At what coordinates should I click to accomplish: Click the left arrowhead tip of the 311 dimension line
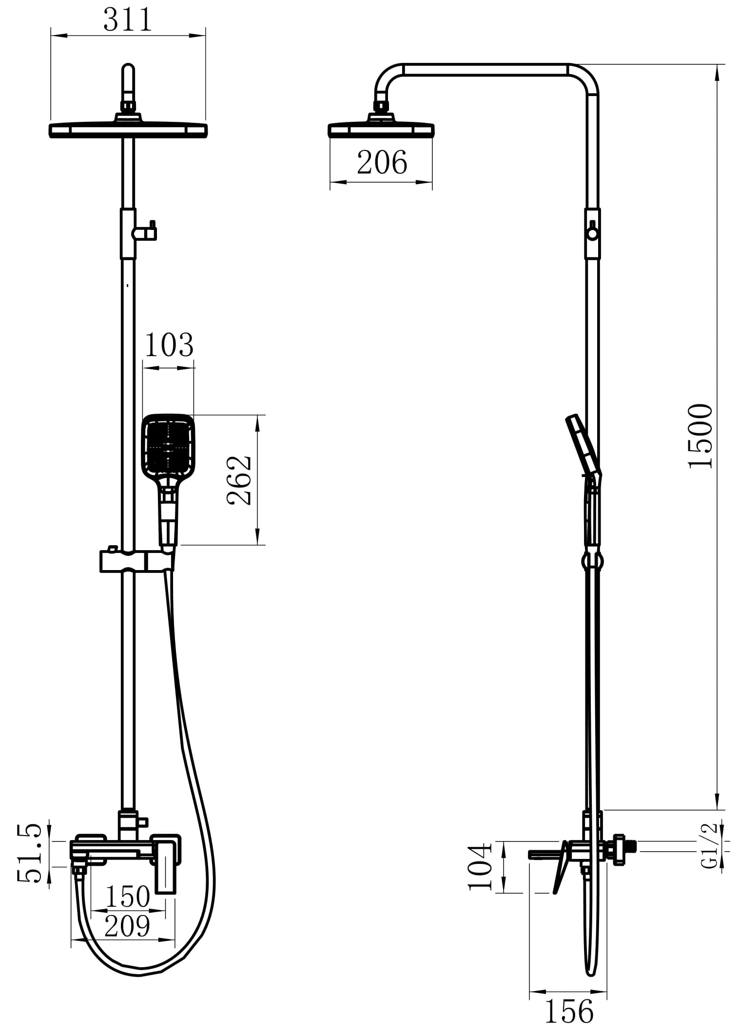coord(51,35)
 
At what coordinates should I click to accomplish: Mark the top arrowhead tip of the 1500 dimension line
coord(717,65)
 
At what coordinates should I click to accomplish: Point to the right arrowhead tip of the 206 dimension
coord(432,182)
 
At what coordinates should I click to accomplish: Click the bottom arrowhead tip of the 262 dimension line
coord(258,544)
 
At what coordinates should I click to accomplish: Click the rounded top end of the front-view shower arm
coord(128,64)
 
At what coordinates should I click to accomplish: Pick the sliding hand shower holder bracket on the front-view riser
coord(136,561)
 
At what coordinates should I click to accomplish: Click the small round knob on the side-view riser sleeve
coord(592,234)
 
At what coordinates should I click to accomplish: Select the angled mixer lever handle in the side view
coord(561,867)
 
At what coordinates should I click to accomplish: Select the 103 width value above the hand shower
coord(169,344)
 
